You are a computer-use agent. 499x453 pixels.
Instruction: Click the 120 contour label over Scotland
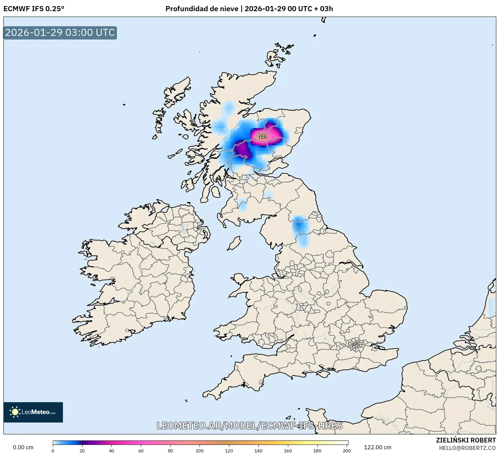pos(263,137)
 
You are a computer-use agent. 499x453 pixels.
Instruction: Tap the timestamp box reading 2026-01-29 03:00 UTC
pos(60,33)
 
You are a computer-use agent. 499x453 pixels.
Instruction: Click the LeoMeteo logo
pos(33,412)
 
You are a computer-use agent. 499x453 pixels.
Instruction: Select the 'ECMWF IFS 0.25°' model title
pos(34,9)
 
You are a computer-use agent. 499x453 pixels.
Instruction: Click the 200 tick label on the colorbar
pos(347,451)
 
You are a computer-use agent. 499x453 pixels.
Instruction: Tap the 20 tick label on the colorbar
pos(82,451)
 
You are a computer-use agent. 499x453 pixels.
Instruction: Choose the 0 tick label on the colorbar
pos(53,451)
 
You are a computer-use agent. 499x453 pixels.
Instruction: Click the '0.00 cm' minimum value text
pos(23,447)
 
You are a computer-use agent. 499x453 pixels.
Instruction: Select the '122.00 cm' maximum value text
pos(378,447)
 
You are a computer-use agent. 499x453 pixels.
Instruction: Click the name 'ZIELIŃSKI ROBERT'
pos(466,440)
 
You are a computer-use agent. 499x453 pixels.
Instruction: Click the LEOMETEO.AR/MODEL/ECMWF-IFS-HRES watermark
pos(250,426)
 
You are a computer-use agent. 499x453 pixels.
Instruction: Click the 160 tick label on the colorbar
pos(288,451)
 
